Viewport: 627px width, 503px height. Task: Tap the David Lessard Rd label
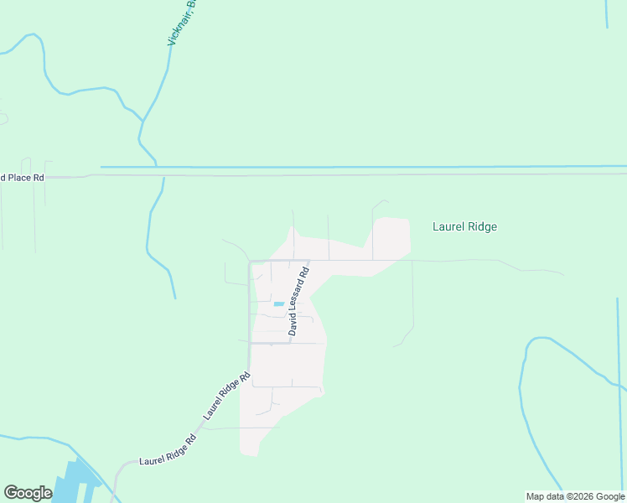(x=299, y=298)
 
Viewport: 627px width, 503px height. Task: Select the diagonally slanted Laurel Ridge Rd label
(x=226, y=396)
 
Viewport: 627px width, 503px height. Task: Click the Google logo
(x=28, y=493)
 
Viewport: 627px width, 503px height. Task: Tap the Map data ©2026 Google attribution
(x=574, y=496)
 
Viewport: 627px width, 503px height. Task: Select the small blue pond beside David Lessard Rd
(x=278, y=303)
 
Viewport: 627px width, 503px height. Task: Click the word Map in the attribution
(x=534, y=496)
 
